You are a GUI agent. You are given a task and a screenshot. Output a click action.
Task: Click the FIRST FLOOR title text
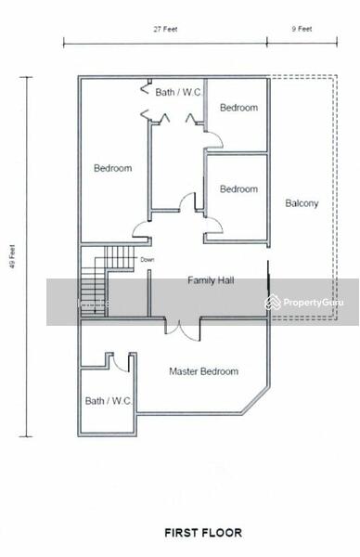point(203,533)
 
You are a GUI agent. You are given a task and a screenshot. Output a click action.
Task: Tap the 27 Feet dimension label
point(165,29)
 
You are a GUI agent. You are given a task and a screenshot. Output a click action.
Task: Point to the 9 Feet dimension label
point(302,29)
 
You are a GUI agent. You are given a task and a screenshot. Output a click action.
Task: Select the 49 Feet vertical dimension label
point(13,256)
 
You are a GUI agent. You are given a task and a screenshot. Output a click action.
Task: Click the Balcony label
point(302,203)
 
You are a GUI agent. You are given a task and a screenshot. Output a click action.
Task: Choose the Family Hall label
point(211,280)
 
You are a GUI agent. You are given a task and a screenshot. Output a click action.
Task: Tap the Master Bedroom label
point(204,371)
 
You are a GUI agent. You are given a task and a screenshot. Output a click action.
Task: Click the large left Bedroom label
point(113,168)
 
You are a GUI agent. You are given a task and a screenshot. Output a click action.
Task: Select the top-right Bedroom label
point(239,108)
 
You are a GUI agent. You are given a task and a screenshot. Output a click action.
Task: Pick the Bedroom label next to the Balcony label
point(239,189)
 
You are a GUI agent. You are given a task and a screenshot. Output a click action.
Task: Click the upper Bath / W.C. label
point(179,92)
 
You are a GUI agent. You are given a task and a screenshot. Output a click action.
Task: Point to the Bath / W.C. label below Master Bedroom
point(109,401)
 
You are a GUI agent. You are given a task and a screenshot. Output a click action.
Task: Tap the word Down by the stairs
point(148,260)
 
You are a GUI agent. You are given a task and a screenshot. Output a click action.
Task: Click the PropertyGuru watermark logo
point(304,303)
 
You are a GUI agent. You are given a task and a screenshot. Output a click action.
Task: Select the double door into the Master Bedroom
point(183,330)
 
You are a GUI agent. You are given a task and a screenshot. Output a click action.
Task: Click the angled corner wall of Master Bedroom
point(254,401)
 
